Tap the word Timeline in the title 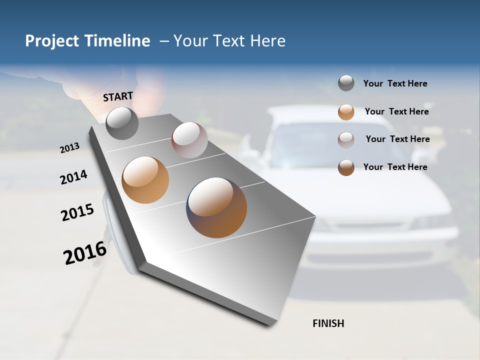coord(117,41)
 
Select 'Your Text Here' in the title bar coord(229,41)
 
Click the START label coord(118,96)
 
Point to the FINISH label coord(328,323)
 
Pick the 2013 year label coord(69,148)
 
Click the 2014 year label coord(73,177)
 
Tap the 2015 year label coord(77,212)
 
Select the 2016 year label coord(85,253)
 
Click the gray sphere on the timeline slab coord(122,123)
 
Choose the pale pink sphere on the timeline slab coord(189,140)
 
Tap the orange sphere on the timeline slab coord(145,180)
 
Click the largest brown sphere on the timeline coord(216,207)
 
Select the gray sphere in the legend coord(346,83)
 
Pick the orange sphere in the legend coord(346,111)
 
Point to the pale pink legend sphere coord(346,139)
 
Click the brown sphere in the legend coord(346,167)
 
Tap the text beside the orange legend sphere coord(396,111)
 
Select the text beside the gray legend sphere coord(395,83)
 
